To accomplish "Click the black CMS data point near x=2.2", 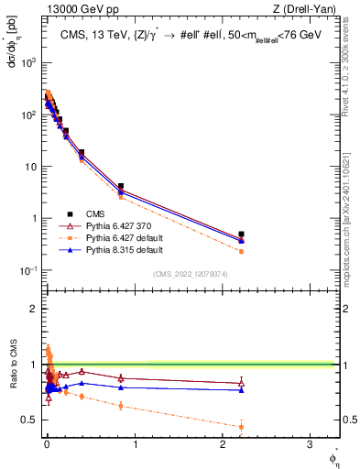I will [241, 234].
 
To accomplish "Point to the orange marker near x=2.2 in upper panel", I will [241, 251].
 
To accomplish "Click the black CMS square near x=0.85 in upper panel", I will [121, 186].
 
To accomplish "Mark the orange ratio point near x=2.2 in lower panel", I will [241, 426].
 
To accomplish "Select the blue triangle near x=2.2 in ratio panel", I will [241, 389].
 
